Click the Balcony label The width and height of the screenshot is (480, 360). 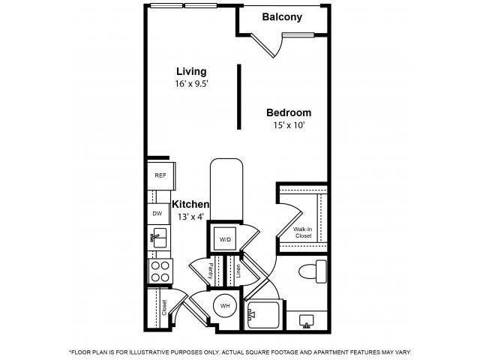point(282,17)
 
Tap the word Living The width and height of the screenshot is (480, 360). point(190,72)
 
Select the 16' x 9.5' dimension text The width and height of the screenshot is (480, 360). point(190,85)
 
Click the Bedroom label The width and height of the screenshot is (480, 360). point(288,112)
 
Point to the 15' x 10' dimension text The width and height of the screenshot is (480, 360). point(289,125)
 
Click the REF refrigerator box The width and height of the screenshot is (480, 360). point(160,175)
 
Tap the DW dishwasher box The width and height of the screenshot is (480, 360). point(157,214)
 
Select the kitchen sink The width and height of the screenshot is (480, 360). point(158,240)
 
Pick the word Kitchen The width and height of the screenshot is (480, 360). point(190,204)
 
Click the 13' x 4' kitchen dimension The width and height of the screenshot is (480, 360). point(190,217)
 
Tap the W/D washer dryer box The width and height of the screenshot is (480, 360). point(225,239)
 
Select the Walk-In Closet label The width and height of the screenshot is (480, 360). point(303,232)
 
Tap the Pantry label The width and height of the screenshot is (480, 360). point(212,271)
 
